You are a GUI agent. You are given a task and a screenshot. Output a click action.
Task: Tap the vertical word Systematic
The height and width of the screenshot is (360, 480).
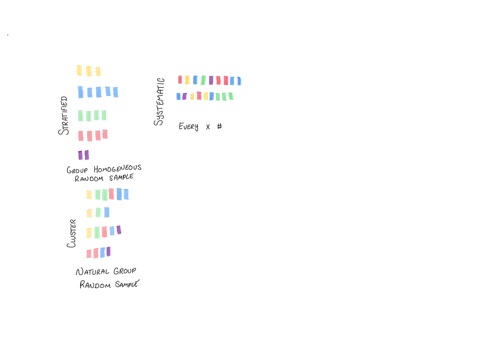click(160, 101)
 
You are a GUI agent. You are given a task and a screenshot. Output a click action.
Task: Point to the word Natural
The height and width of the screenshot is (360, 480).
click(94, 271)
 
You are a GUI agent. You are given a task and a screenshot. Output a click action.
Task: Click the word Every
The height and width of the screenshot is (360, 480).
click(189, 127)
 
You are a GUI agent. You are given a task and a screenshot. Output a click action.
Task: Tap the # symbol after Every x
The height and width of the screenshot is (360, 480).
click(219, 127)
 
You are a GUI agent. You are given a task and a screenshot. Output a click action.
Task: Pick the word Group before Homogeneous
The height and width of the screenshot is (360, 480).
click(78, 170)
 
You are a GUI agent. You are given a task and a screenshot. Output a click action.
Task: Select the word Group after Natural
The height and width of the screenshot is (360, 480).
click(124, 270)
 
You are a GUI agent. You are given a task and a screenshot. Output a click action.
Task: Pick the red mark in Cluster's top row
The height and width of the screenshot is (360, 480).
click(111, 194)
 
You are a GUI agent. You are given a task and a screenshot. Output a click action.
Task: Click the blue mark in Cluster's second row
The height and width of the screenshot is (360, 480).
click(105, 212)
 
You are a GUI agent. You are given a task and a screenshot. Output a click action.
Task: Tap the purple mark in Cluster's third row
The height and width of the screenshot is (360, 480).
click(118, 231)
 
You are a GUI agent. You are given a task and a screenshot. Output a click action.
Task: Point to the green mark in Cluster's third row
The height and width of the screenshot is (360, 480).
click(96, 232)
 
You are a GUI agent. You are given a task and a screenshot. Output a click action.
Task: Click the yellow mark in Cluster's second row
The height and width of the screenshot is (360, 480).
click(89, 213)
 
